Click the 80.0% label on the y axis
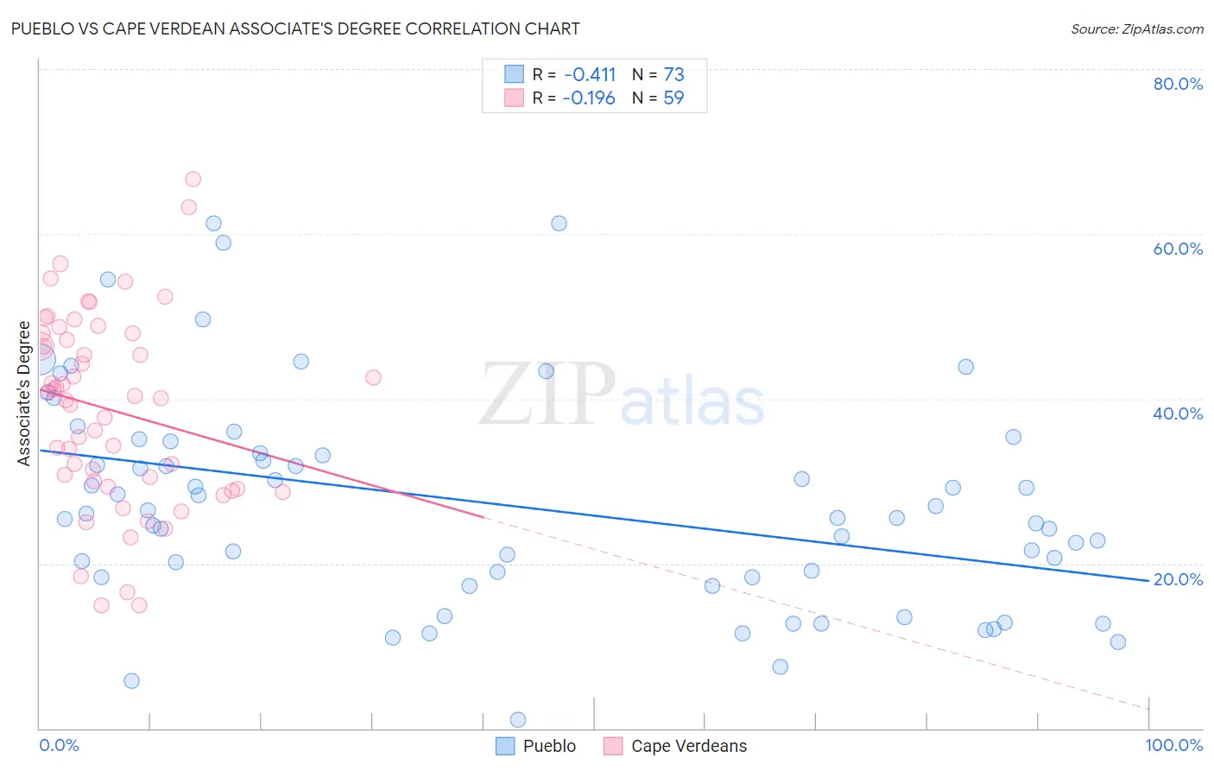(1178, 84)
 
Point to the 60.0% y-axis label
(1178, 249)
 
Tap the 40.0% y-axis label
(1178, 413)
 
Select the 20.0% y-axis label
(1178, 579)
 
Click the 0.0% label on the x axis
(59, 746)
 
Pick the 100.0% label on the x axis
(1173, 746)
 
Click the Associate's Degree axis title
(24, 394)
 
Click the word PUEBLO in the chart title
(42, 28)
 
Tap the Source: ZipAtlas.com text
(1136, 29)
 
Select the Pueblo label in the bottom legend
(549, 746)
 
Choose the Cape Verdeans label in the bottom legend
(689, 746)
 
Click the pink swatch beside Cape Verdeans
(613, 746)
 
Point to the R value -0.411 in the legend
(590, 74)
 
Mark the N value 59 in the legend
(673, 98)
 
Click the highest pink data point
(193, 179)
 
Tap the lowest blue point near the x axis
(518, 720)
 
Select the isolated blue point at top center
(559, 223)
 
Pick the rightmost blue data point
(1118, 641)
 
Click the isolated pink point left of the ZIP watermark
(373, 377)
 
